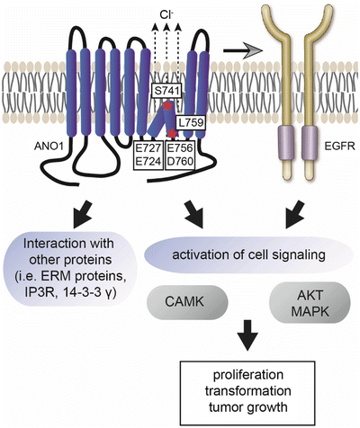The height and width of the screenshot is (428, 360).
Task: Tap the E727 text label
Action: (x=147, y=148)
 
